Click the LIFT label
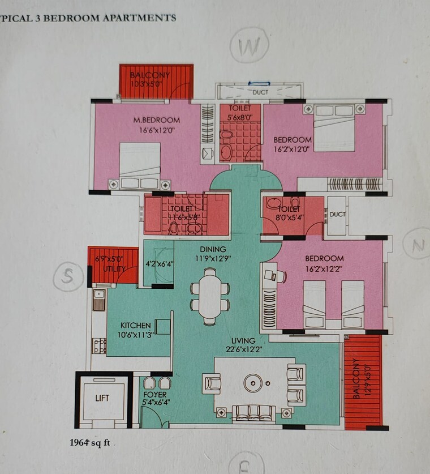(102, 398)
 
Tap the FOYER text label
(153, 394)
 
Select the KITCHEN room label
(136, 326)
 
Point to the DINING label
(212, 249)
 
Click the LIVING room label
(243, 341)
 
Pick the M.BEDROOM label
(157, 120)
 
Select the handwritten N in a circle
(417, 245)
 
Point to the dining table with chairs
(210, 296)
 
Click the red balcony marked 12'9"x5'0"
(363, 379)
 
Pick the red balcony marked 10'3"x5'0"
(156, 81)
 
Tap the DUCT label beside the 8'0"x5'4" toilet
(337, 215)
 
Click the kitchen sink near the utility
(98, 300)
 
